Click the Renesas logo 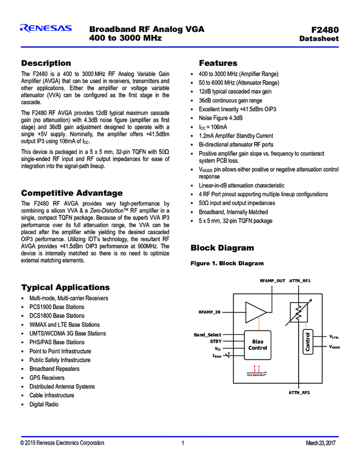pos(45,29)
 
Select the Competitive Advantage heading pos(71,193)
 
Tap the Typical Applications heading pos(65,287)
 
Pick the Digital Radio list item pos(44,404)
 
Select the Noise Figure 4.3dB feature pos(221,118)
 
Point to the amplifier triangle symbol pos(255,312)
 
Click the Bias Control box pos(258,344)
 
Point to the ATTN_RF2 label pos(299,393)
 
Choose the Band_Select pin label pos(208,334)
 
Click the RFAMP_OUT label pos(272,281)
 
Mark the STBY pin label pos(215,341)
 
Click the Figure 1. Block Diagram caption pos(227,264)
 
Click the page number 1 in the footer pos(182,442)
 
